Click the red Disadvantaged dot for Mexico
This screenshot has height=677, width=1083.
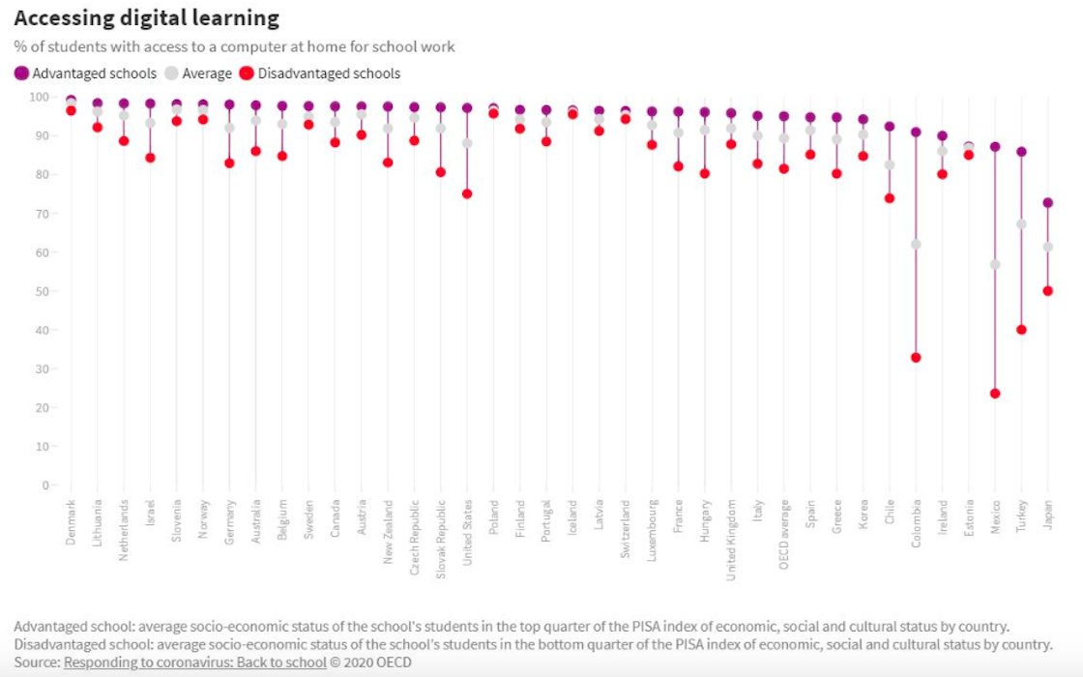click(x=994, y=394)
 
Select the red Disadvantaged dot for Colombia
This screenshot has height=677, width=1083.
click(x=916, y=358)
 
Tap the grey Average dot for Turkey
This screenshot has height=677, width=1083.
click(x=1021, y=224)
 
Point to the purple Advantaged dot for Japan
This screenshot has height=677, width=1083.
click(x=1047, y=203)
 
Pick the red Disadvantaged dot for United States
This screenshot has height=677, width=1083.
click(x=467, y=193)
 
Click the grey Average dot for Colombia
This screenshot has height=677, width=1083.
click(x=916, y=245)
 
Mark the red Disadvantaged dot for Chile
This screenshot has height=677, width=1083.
click(x=890, y=198)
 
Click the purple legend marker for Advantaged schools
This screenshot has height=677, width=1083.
click(x=21, y=74)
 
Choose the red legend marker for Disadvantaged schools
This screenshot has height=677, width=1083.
click(x=247, y=74)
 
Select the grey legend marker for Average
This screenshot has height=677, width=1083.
click(x=172, y=74)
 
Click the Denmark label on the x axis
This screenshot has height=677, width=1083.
click(x=72, y=522)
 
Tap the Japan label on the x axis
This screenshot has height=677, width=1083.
click(x=1047, y=514)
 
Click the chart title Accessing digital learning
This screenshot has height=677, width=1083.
click(x=147, y=18)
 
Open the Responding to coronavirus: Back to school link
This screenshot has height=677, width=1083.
click(x=195, y=662)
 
